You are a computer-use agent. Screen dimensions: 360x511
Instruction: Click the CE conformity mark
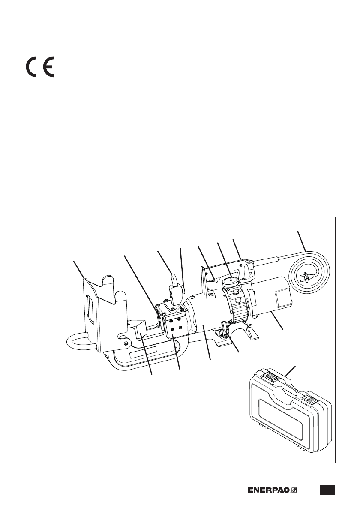point(40,67)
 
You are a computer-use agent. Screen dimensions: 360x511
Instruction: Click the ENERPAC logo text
point(269,490)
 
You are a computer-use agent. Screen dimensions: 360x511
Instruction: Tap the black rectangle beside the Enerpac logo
point(327,490)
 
